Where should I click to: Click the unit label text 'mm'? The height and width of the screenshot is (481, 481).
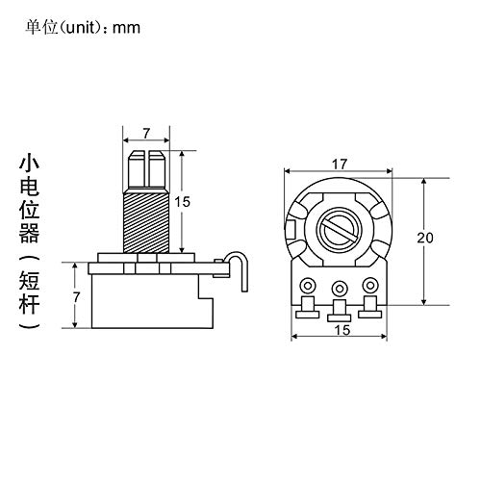click(126, 29)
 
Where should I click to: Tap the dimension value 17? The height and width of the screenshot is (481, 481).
click(340, 165)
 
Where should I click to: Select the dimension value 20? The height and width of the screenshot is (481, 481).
click(425, 238)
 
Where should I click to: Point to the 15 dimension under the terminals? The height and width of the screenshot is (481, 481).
click(342, 330)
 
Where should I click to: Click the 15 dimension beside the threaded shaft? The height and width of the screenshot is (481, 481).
click(182, 202)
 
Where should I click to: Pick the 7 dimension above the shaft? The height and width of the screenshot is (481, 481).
click(146, 134)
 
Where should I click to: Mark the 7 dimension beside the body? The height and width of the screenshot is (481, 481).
click(76, 297)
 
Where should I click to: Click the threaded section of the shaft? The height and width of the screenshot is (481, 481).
click(146, 221)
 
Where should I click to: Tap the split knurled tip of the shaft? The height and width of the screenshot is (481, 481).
click(146, 169)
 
